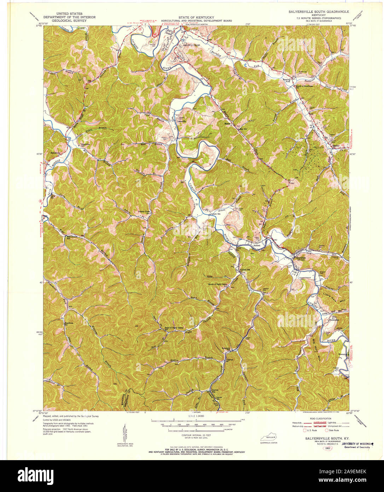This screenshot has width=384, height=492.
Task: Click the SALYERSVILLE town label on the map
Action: (x=192, y=46)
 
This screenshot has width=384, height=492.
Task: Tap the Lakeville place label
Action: (x=181, y=121)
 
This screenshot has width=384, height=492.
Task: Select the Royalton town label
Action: (x=300, y=258)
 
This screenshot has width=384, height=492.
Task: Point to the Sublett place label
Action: (x=256, y=245)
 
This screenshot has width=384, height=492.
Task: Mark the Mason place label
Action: (x=227, y=124)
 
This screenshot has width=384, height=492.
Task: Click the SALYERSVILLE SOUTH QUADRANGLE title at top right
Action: (x=319, y=12)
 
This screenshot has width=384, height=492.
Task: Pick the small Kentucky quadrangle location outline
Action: (x=269, y=437)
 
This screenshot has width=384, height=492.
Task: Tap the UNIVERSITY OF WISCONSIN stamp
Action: (x=362, y=444)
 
